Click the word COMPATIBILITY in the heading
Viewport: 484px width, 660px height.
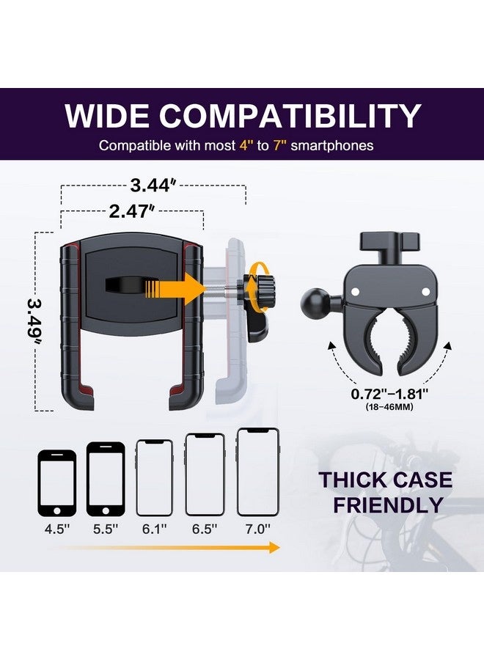(291, 117)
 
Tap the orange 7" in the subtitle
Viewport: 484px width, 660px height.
(279, 145)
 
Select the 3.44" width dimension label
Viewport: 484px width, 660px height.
(153, 186)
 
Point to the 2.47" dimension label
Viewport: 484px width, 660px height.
(132, 212)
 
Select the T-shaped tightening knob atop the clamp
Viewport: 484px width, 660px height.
(389, 245)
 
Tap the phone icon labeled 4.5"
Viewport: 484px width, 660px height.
(57, 483)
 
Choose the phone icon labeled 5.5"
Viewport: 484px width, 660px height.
(106, 480)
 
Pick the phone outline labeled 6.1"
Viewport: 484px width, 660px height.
(155, 477)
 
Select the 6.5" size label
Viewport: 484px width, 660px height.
(203, 527)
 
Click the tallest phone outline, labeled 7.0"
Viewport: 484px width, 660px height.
(257, 472)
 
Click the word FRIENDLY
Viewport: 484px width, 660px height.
(389, 505)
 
